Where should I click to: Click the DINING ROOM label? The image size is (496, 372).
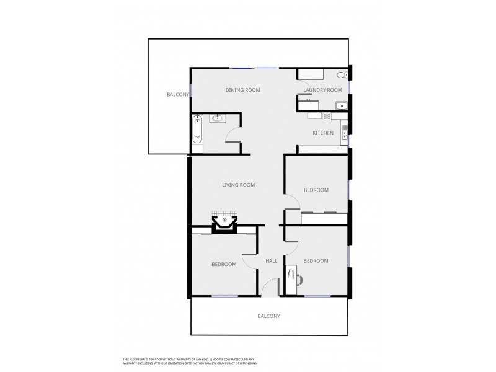click(x=242, y=90)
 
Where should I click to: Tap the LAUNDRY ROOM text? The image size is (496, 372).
click(x=322, y=90)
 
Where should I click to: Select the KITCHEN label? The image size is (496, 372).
click(x=322, y=133)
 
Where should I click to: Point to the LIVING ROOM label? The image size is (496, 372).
click(x=239, y=185)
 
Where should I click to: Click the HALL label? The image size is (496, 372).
click(x=272, y=261)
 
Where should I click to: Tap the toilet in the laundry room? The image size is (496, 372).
click(x=341, y=76)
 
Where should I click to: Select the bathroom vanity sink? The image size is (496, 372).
click(x=218, y=118)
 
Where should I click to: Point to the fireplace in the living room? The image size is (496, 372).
click(x=224, y=221)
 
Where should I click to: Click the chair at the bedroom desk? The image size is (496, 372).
click(x=300, y=279)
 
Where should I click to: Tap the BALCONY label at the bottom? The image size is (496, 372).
click(x=268, y=316)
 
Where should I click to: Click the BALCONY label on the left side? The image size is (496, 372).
click(x=177, y=94)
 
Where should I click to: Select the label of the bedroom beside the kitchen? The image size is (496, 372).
click(x=316, y=190)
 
